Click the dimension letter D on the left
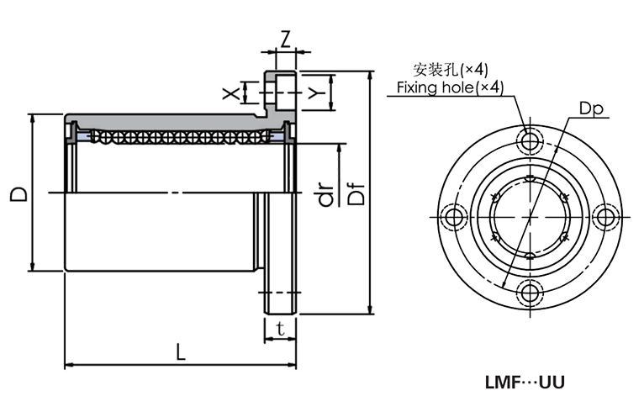(17, 194)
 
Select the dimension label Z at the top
(286, 39)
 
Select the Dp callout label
(592, 108)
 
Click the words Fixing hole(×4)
(451, 87)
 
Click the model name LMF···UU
(525, 382)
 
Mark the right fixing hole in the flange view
(605, 216)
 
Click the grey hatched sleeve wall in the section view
(168, 119)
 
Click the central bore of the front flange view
(530, 216)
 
